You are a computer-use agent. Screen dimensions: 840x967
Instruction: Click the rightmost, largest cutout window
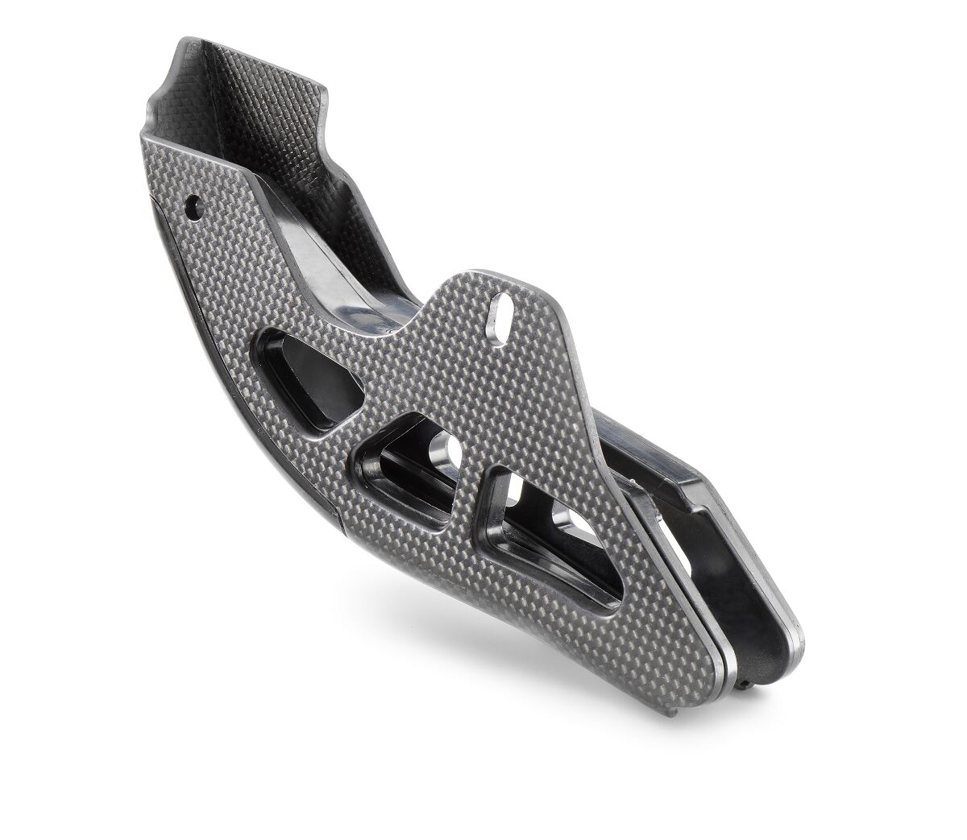tap(556, 532)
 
